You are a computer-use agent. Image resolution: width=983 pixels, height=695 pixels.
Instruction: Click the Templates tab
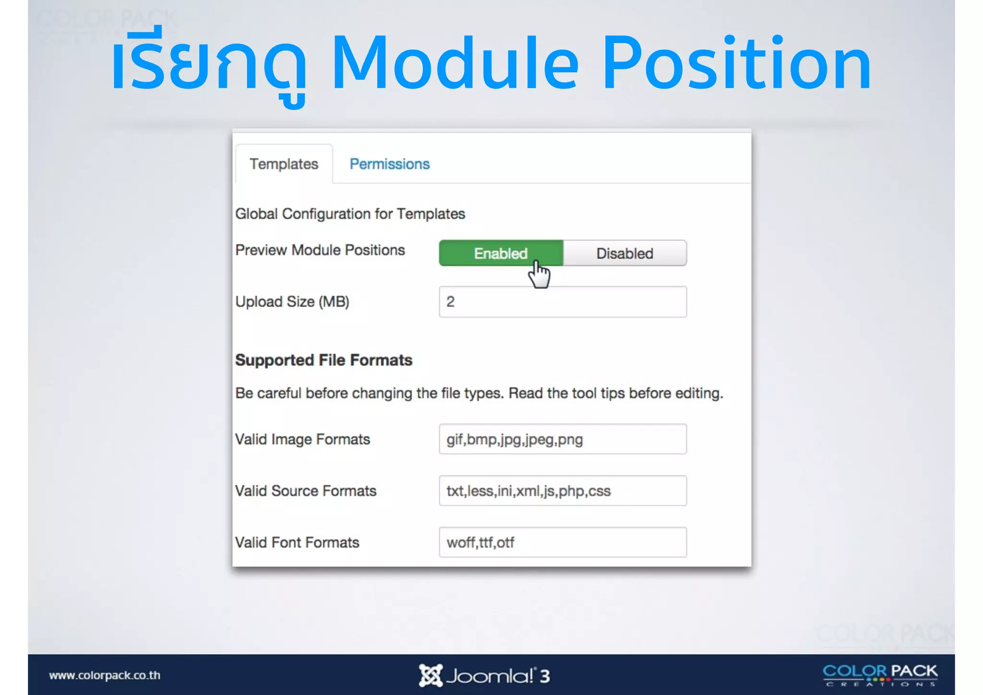click(284, 164)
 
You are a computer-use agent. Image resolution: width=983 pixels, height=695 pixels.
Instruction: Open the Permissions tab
click(389, 164)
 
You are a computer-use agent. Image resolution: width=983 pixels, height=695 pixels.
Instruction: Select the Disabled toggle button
click(624, 253)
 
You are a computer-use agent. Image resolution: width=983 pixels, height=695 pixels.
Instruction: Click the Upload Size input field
click(563, 302)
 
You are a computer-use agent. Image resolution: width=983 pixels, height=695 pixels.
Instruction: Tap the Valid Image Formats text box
click(563, 439)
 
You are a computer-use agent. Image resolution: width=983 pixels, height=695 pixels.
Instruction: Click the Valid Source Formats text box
click(563, 491)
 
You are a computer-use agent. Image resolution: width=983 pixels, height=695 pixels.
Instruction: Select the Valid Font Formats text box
click(563, 543)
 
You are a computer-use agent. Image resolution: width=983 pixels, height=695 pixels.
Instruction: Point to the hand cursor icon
click(539, 275)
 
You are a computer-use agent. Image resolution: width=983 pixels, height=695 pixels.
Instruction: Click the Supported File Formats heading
click(324, 360)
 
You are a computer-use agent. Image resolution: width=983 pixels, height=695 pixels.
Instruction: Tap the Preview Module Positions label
click(320, 250)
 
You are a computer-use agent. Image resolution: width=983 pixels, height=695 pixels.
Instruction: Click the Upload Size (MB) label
click(292, 302)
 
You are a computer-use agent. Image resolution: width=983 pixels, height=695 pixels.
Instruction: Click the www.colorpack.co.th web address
click(105, 675)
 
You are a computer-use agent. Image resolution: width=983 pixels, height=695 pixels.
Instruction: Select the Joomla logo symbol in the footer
click(430, 675)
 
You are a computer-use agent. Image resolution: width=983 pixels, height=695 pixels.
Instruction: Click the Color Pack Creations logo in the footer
click(880, 675)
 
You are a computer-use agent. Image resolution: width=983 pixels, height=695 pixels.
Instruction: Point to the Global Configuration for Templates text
click(350, 214)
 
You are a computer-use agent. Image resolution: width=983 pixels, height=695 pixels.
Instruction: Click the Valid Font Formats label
click(297, 543)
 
